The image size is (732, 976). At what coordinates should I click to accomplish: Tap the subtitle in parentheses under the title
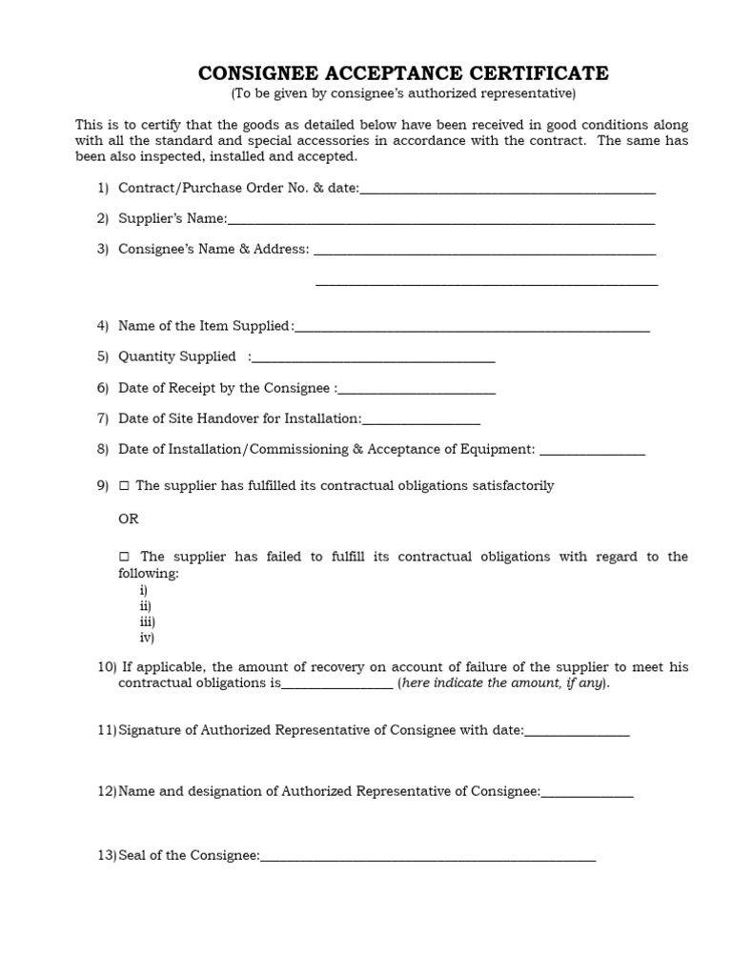click(402, 93)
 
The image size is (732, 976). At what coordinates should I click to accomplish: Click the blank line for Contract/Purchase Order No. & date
click(507, 191)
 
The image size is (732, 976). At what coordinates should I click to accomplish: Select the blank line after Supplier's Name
click(440, 221)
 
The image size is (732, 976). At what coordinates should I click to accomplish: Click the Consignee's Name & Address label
click(213, 249)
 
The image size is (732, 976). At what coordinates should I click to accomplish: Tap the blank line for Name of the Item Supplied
click(472, 329)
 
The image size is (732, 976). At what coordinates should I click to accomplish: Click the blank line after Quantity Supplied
click(374, 359)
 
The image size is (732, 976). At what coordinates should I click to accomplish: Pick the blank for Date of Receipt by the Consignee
click(417, 391)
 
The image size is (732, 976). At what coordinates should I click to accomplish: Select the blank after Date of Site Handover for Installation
click(420, 421)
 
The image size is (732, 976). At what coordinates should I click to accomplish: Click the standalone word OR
click(128, 519)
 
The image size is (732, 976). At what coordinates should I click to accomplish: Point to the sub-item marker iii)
click(147, 621)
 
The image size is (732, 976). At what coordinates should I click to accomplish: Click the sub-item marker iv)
click(147, 638)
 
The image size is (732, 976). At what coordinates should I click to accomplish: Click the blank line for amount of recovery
click(336, 686)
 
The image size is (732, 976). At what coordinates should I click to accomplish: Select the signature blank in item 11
click(577, 733)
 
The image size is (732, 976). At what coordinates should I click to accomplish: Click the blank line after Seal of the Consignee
click(427, 859)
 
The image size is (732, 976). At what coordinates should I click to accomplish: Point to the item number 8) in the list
click(103, 449)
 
